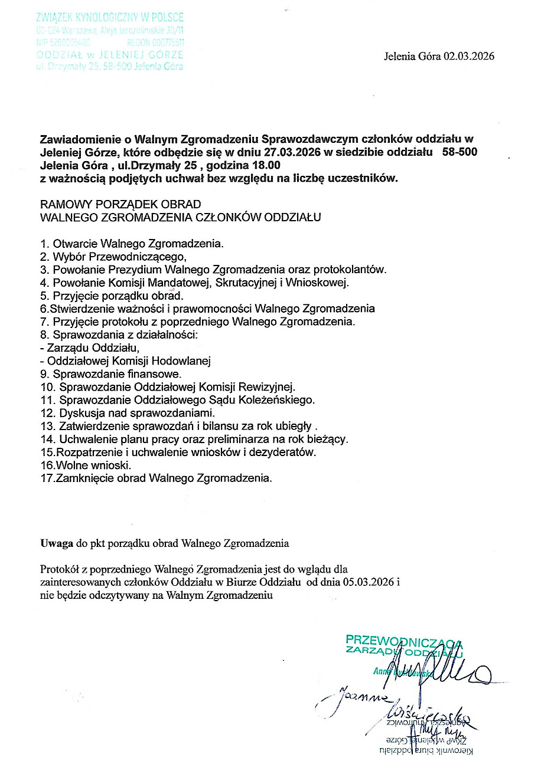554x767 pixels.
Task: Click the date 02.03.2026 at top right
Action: tap(469, 57)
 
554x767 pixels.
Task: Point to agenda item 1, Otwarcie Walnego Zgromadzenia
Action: tap(132, 243)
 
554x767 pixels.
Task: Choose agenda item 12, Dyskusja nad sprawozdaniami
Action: tap(128, 412)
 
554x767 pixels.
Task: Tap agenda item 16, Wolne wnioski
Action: tap(86, 465)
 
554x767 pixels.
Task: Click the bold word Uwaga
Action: tap(57, 543)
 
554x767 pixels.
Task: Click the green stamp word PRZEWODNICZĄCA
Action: tap(403, 640)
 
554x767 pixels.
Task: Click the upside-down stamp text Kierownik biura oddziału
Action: tap(426, 750)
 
